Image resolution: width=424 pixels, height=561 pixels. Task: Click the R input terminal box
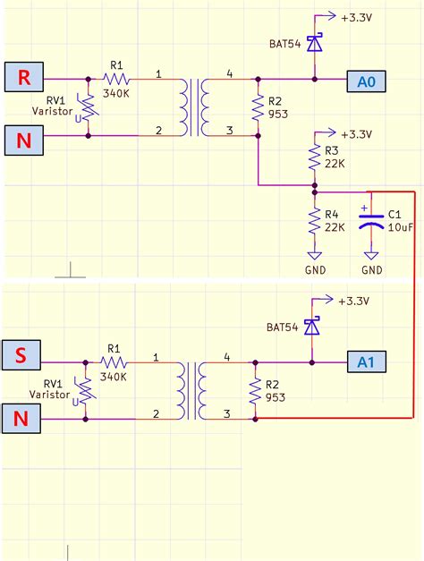click(x=22, y=78)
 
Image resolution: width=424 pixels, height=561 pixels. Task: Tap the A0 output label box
click(x=365, y=81)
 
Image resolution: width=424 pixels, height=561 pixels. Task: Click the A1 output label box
click(x=365, y=362)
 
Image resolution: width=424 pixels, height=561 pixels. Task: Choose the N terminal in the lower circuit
click(x=22, y=418)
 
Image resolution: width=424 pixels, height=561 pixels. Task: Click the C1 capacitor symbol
click(x=371, y=221)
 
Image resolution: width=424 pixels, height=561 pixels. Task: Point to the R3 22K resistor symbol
click(x=314, y=158)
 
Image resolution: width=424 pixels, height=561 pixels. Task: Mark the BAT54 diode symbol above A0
click(x=314, y=42)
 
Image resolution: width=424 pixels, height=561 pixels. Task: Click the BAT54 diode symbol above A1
click(x=312, y=327)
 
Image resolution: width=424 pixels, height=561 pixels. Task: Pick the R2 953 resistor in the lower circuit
click(x=256, y=390)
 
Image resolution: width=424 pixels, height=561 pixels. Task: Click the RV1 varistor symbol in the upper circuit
click(x=89, y=107)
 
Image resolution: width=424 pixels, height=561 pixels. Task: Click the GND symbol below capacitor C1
click(x=371, y=256)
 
